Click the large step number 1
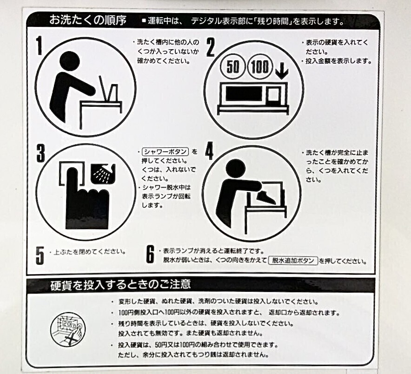click(39, 46)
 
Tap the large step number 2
click(211, 47)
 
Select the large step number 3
click(40, 153)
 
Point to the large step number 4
click(209, 151)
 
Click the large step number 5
click(40, 256)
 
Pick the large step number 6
click(150, 254)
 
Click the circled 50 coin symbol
click(232, 66)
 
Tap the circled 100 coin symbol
click(260, 67)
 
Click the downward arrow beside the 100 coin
click(282, 71)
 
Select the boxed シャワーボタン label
click(166, 151)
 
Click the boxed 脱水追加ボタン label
click(293, 261)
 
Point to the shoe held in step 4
click(266, 197)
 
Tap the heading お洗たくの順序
click(88, 20)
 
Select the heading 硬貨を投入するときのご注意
click(120, 284)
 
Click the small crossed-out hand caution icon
click(68, 329)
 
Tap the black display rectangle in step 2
click(244, 94)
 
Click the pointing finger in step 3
click(87, 199)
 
